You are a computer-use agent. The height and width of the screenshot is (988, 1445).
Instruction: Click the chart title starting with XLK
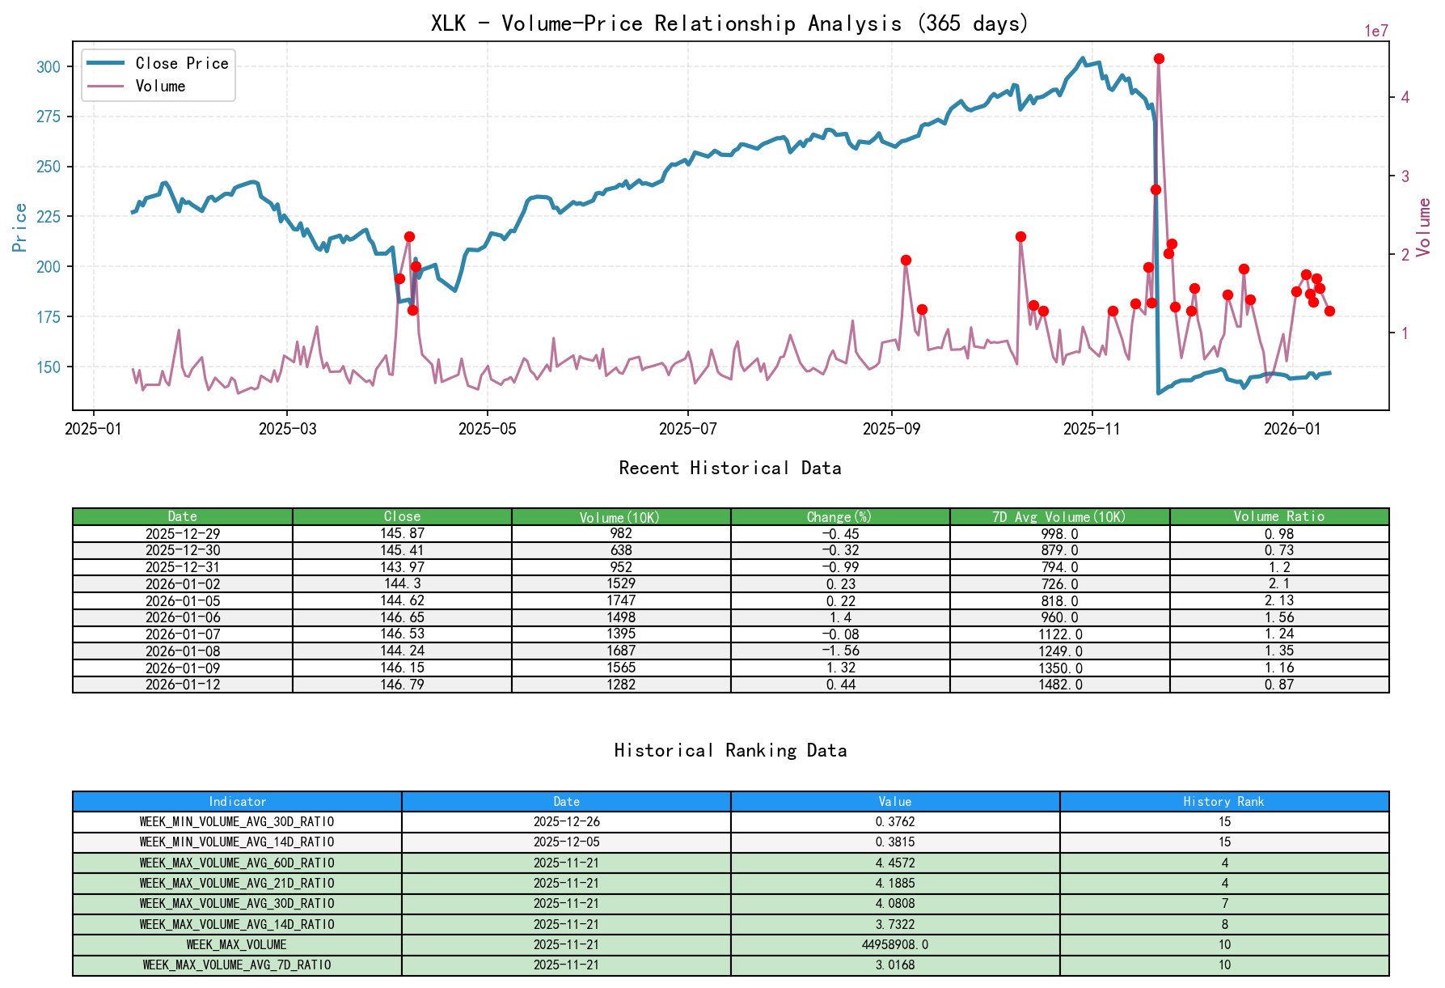729,23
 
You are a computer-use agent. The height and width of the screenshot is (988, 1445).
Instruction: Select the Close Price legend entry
181,63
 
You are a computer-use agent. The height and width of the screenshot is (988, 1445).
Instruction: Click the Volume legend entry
160,86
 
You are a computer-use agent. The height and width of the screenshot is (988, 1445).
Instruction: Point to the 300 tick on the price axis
49,66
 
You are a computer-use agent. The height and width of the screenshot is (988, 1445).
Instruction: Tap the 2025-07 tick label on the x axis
687,428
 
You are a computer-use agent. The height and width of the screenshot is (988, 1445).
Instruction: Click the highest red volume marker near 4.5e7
1159,58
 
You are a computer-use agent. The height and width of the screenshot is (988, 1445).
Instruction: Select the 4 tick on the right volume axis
1405,97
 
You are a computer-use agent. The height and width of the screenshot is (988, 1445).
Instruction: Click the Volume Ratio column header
1278,516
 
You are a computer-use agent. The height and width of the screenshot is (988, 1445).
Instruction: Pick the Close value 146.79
402,685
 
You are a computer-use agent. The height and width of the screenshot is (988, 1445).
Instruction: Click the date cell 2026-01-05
183,600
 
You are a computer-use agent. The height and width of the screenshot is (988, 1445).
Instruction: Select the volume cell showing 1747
621,600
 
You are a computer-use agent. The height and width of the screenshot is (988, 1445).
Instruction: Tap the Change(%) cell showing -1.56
840,651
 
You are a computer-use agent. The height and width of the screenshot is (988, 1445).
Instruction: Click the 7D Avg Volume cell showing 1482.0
1059,685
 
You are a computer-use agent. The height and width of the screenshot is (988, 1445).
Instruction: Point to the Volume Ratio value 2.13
1278,600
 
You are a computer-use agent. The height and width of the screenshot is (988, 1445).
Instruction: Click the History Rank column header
1223,801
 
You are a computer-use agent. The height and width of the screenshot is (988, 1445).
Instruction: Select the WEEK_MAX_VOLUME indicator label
237,944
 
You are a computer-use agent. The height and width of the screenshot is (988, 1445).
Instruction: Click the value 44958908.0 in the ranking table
895,944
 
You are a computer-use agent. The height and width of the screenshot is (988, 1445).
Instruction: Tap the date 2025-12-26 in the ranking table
566,821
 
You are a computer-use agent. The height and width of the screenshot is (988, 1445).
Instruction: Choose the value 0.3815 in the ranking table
895,842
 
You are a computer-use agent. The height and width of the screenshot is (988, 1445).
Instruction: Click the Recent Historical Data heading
729,468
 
